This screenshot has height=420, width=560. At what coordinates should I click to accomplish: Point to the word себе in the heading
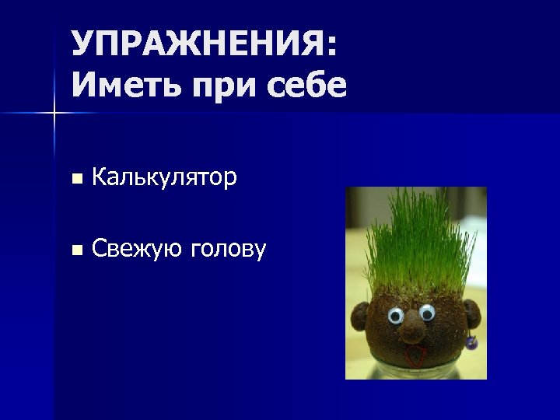(x=306, y=85)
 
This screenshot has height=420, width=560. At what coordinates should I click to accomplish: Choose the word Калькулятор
(x=164, y=178)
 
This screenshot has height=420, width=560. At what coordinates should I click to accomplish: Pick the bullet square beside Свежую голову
(x=75, y=250)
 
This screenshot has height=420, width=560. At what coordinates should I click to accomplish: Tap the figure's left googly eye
(x=395, y=316)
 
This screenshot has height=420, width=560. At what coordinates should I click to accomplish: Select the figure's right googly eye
(x=427, y=312)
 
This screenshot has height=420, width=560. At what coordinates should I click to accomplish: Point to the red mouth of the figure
(x=418, y=357)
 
